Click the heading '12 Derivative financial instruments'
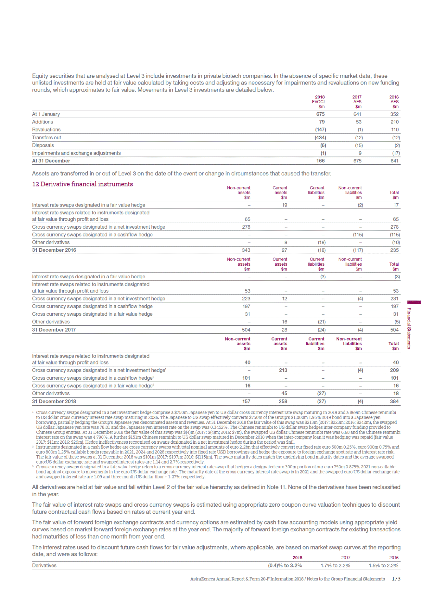tap(83, 184)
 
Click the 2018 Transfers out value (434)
tap(320, 138)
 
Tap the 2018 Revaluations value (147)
tap(320, 130)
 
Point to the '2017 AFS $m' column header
tap(357, 102)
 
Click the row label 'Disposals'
tap(43, 146)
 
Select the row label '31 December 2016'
tap(54, 250)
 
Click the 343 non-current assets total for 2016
tap(246, 250)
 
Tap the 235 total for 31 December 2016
tap(394, 250)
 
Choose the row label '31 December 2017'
tap(54, 330)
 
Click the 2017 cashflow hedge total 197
tap(395, 306)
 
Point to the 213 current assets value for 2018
tap(283, 370)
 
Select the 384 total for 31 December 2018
tap(394, 401)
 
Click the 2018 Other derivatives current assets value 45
tap(284, 393)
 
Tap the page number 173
tap(396, 579)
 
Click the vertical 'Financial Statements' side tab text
tap(409, 328)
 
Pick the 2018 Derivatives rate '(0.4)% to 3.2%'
tap(285, 565)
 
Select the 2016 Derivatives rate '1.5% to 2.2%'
tap(383, 565)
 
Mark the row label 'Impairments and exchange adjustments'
tap(76, 153)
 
